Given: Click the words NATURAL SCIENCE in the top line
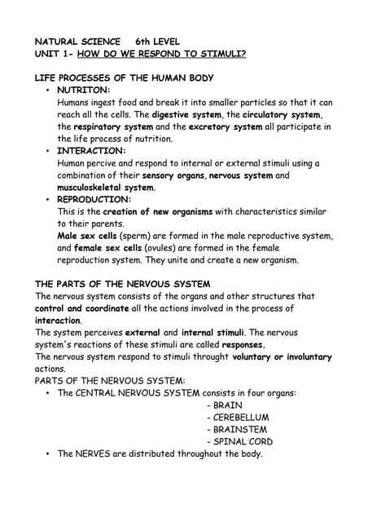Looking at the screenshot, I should click(x=74, y=41).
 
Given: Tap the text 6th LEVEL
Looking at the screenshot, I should click(x=158, y=41).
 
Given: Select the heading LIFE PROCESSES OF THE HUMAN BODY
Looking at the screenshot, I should click(x=124, y=78).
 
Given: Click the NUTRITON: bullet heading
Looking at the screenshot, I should click(x=89, y=91).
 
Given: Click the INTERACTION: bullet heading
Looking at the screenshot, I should click(x=91, y=151).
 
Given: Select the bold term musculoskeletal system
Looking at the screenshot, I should click(x=105, y=188).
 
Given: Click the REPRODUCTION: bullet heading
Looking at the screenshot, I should click(x=94, y=199).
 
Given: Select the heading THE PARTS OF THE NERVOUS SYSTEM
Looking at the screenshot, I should click(x=122, y=284).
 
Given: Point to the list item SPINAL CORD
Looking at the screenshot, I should click(x=238, y=442).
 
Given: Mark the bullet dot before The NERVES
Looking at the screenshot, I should click(x=49, y=454).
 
